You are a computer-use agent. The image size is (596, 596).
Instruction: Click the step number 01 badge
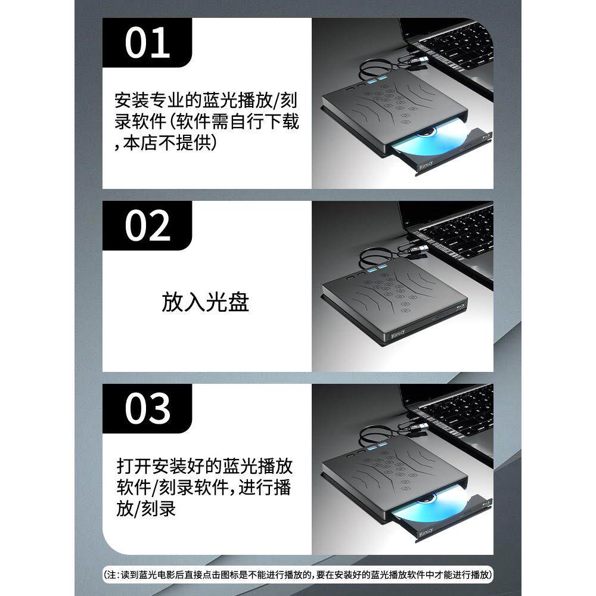(x=147, y=42)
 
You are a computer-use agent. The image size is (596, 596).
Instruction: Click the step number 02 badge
(x=147, y=226)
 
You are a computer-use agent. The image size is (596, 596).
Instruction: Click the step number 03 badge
(x=147, y=409)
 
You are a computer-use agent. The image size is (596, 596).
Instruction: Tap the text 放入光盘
(x=205, y=302)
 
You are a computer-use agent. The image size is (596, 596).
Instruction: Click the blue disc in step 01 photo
(x=429, y=143)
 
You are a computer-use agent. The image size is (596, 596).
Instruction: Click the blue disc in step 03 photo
(x=429, y=510)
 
